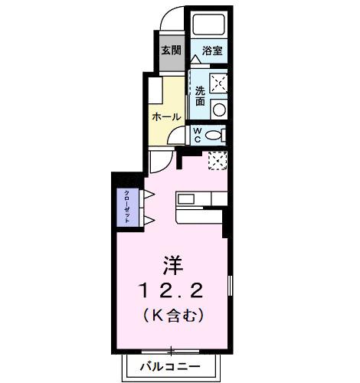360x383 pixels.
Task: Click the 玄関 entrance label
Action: (x=171, y=51)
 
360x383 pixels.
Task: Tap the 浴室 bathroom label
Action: (x=212, y=51)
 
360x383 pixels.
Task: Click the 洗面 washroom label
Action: (x=199, y=96)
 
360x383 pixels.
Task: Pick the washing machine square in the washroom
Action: (x=218, y=82)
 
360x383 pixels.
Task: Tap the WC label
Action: (x=197, y=135)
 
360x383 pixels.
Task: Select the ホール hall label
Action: (x=166, y=117)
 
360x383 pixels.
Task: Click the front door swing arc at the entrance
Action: (x=173, y=19)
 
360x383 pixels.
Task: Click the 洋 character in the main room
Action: (x=172, y=267)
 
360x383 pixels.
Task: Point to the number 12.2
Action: (x=172, y=290)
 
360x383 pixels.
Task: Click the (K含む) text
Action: (x=172, y=314)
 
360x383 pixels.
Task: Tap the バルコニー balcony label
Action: (x=171, y=367)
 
